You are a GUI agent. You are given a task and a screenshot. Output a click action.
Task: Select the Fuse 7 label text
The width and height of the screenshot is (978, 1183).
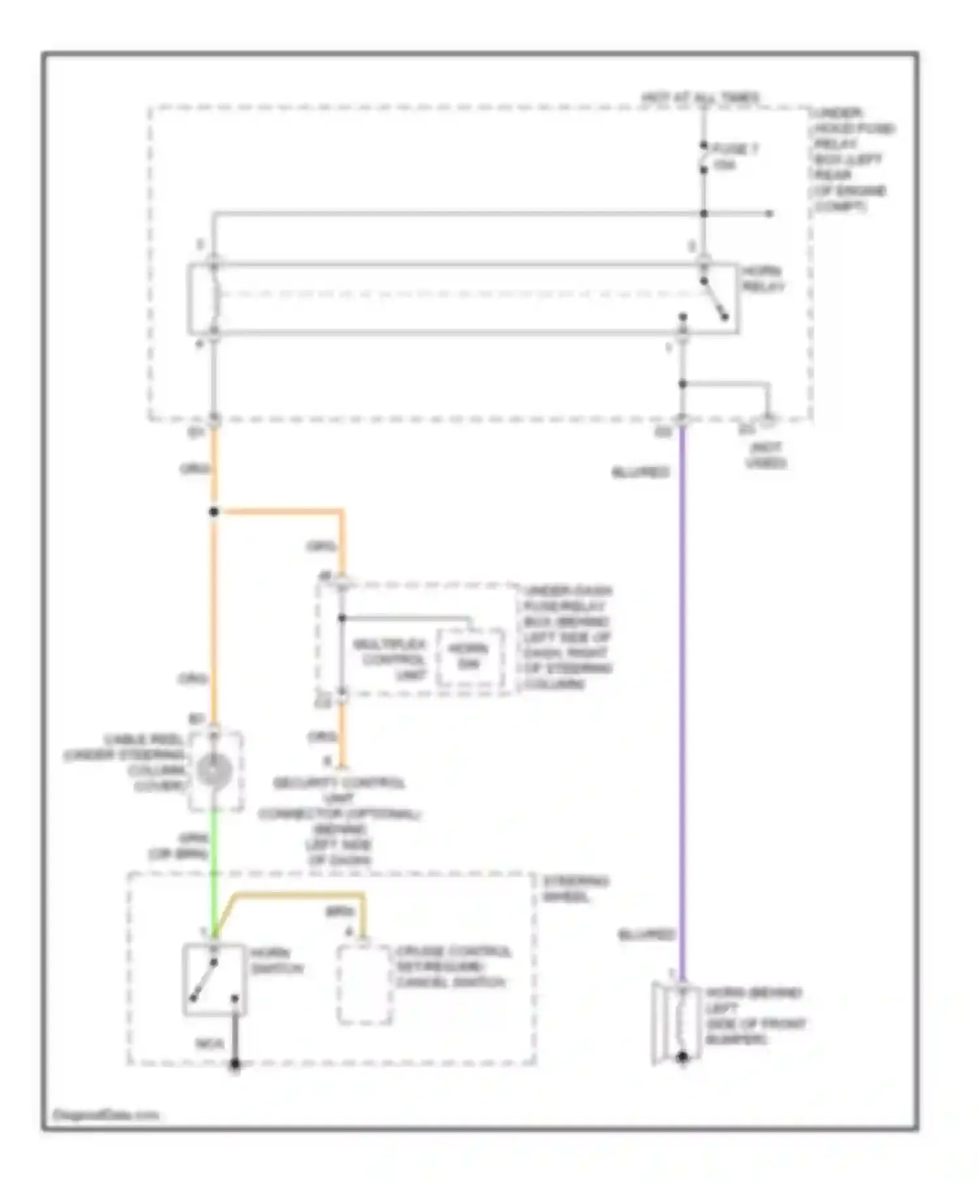click(735, 156)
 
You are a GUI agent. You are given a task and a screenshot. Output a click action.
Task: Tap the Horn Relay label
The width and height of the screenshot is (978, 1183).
click(763, 278)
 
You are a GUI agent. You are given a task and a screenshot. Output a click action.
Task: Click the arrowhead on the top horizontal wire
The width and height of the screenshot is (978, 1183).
click(769, 213)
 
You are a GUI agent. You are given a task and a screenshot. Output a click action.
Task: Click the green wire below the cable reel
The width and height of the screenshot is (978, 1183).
click(213, 848)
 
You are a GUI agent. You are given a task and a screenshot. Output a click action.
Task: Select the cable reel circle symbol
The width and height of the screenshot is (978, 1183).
click(215, 771)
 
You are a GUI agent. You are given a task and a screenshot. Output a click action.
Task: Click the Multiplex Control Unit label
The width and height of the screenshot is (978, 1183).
click(390, 659)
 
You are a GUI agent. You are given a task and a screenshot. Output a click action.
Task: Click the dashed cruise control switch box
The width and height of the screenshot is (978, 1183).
click(364, 984)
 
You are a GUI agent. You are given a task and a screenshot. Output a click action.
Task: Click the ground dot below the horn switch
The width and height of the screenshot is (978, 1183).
click(235, 1065)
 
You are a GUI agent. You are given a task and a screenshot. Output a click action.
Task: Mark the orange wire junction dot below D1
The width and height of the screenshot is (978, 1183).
click(214, 512)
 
